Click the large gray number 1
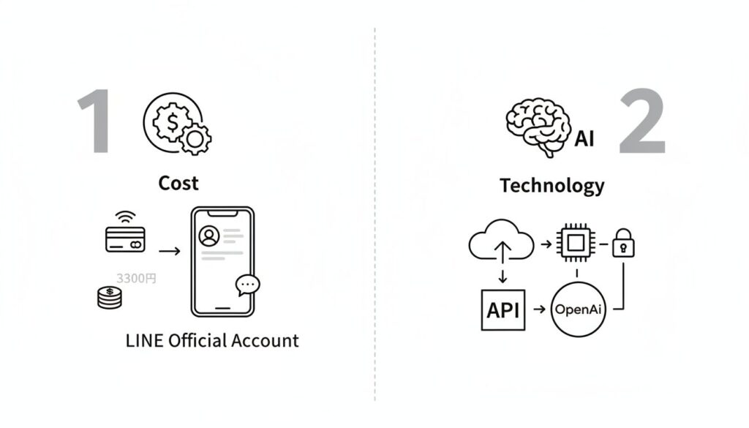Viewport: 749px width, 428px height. [96, 121]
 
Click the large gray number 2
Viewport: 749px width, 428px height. [643, 121]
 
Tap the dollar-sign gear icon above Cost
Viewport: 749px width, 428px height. [176, 124]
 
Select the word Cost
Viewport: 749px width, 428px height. [178, 183]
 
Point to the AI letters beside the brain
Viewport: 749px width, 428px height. [584, 138]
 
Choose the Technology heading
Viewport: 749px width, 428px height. [552, 186]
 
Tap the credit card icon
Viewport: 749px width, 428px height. [125, 238]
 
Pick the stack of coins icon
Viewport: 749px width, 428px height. [110, 298]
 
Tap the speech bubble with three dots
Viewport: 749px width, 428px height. [248, 285]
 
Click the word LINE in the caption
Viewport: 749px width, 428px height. [144, 340]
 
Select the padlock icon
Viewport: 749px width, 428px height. [623, 243]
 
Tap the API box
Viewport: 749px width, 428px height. [503, 309]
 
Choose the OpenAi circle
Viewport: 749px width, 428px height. [579, 309]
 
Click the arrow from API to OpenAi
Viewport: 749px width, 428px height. [539, 309]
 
